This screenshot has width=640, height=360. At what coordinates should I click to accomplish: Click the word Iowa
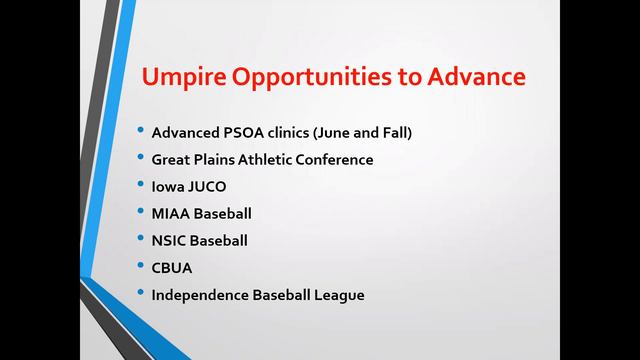pos(166,186)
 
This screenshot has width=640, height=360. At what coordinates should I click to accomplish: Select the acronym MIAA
pos(170,213)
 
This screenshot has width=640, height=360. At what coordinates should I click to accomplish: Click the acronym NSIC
pos(168,240)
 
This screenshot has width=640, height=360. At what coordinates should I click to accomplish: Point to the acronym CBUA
pos(171,267)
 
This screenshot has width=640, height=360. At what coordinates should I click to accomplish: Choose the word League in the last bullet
pos(340,294)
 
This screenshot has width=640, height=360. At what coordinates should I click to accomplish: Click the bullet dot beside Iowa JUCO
pos(141,186)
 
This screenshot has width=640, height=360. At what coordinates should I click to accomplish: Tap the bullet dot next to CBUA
pos(141,267)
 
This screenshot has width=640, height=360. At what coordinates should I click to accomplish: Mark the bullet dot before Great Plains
pos(141,159)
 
